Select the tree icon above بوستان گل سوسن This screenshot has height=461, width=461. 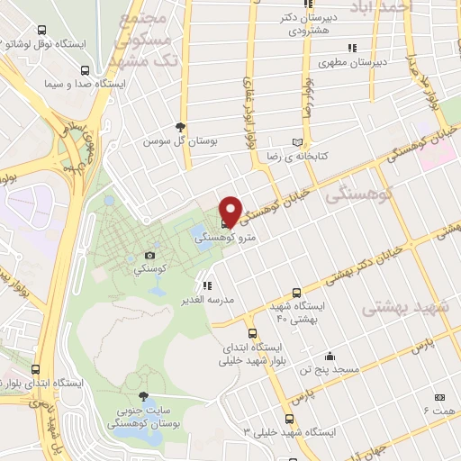(181, 127)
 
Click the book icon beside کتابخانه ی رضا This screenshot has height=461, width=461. (297, 142)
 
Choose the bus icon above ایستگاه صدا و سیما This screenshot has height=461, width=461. (85, 70)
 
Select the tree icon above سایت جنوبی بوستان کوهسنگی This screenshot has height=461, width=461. (143, 396)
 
